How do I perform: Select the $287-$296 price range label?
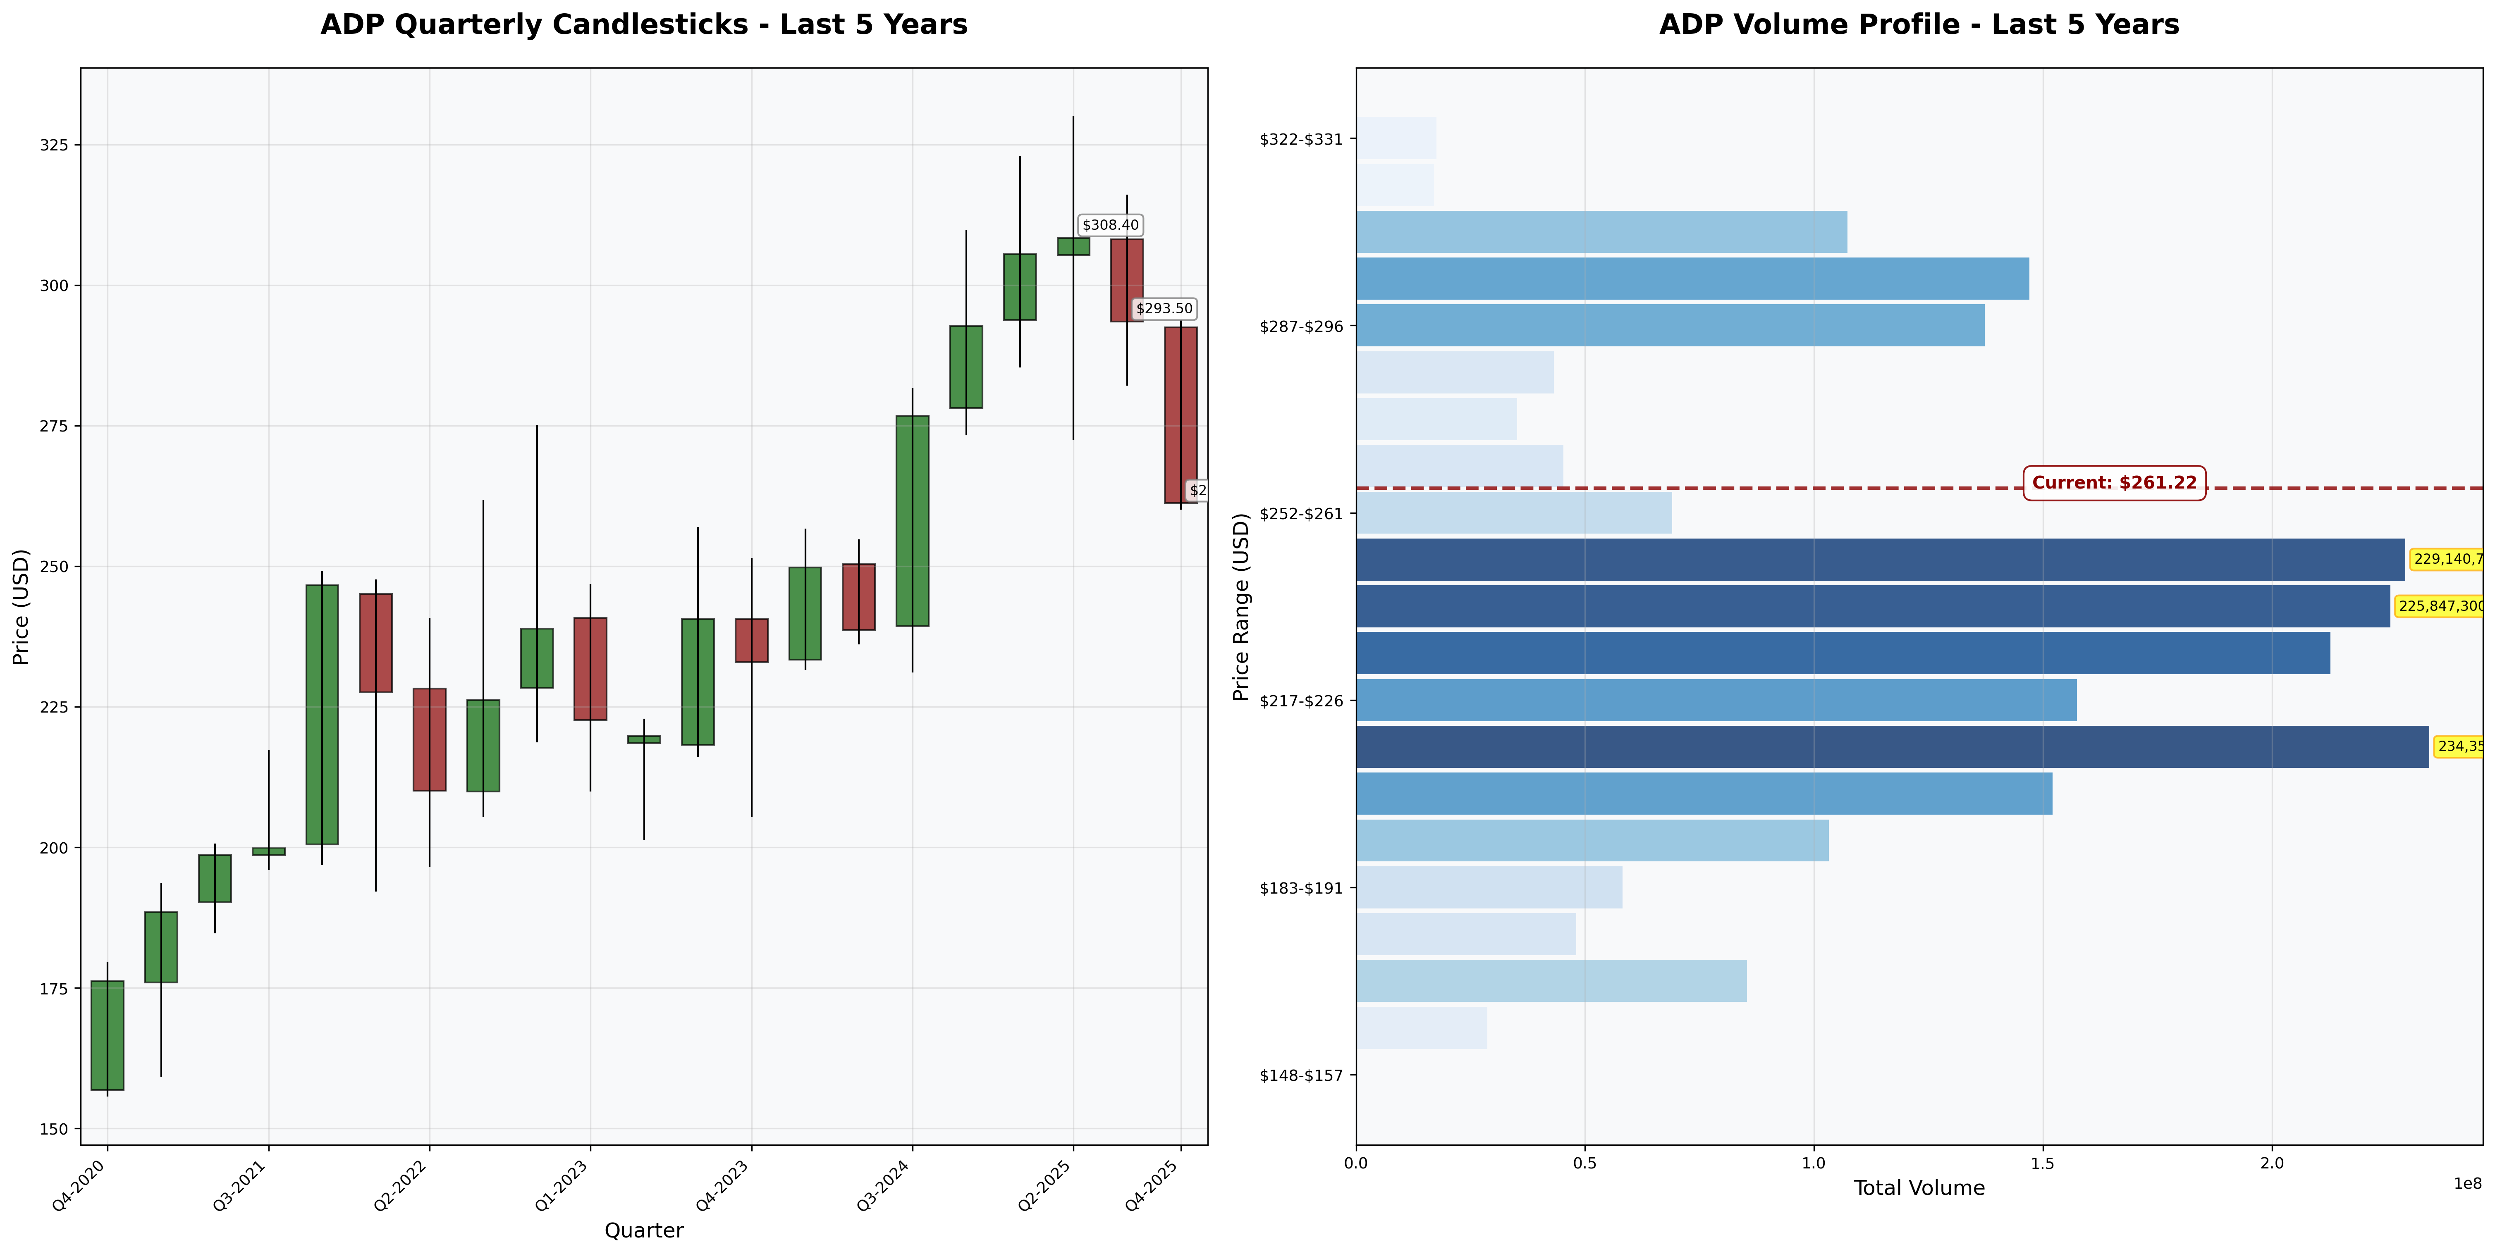point(1301,327)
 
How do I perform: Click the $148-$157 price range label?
point(1301,1075)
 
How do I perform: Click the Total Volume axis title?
point(1919,1188)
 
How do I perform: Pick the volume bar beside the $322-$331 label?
point(1396,138)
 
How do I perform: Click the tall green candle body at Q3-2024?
point(913,521)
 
